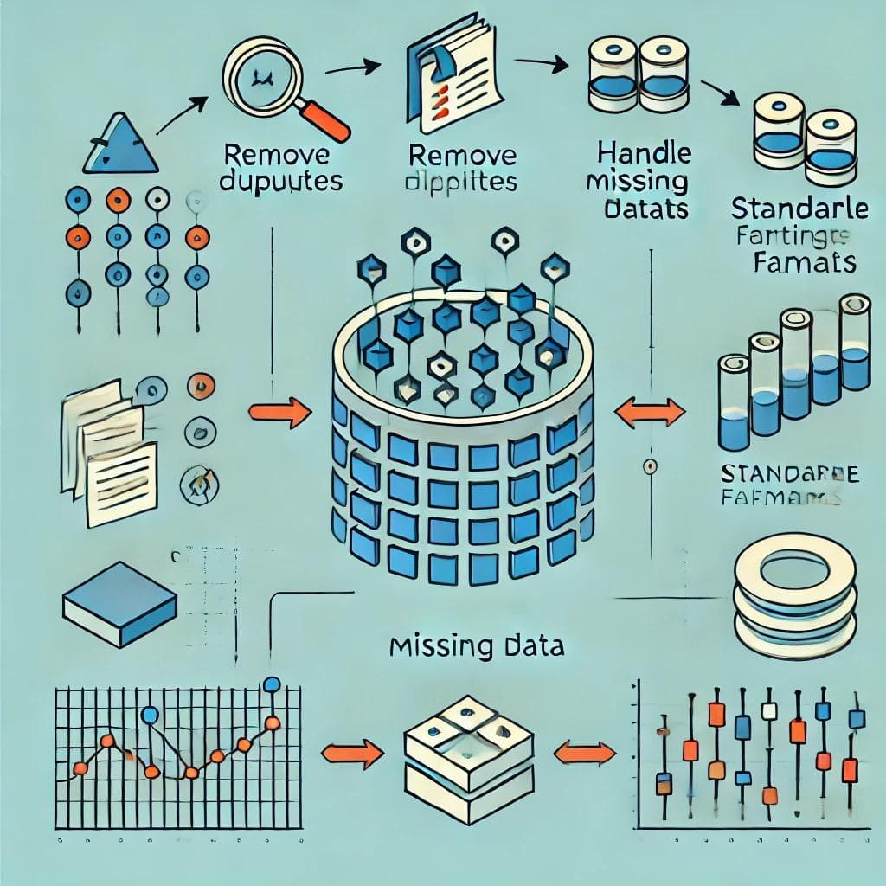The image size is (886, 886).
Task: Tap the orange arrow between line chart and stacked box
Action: tap(352, 752)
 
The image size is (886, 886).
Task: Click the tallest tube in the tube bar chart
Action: tap(854, 342)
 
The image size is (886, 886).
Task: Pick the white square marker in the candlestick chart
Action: tap(767, 711)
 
